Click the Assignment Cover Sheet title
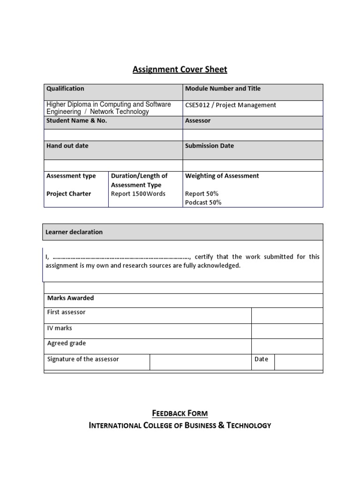[x=180, y=69]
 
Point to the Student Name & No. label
[x=76, y=120]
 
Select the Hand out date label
[x=67, y=146]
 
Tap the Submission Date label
[x=209, y=146]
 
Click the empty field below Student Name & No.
[x=113, y=135]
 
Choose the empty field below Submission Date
[x=253, y=165]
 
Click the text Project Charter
[x=68, y=194]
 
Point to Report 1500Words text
[x=138, y=194]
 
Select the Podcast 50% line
[x=203, y=202]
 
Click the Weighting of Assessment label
[x=222, y=176]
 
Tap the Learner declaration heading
[x=74, y=232]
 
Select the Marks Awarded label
[x=70, y=298]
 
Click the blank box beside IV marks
[x=287, y=331]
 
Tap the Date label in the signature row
[x=261, y=359]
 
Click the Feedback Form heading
[x=180, y=413]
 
